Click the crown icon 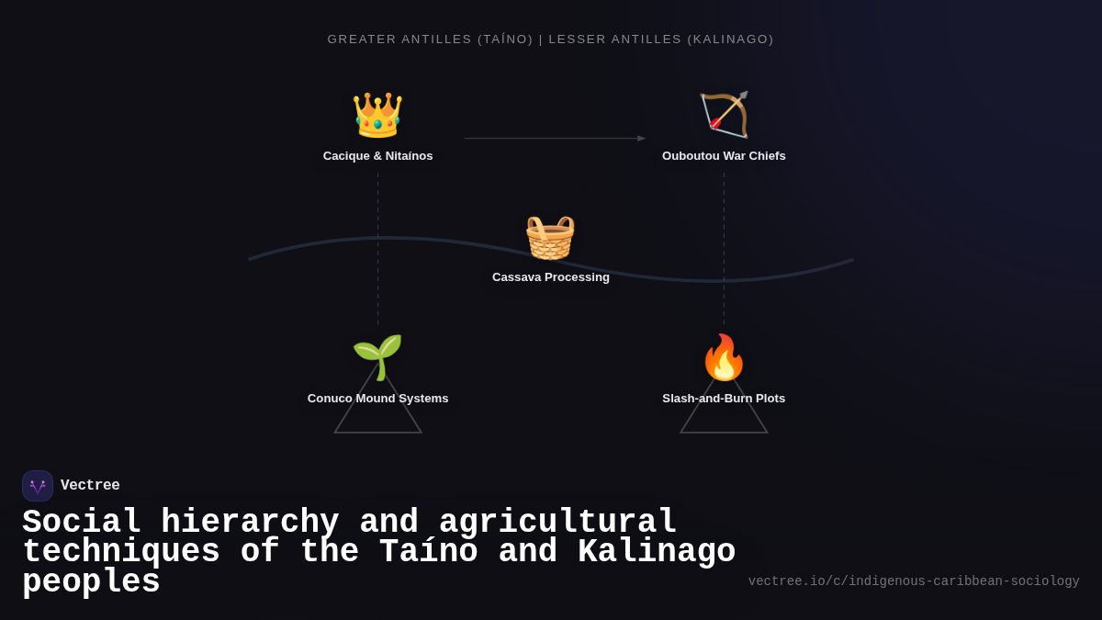coord(377,116)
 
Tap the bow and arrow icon coord(724,115)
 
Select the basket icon coord(550,237)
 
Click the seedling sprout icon coord(377,356)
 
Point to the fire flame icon coord(724,357)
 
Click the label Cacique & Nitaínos coord(377,156)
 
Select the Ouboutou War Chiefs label coord(724,156)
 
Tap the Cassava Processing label coord(550,277)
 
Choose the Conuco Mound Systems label coord(377,399)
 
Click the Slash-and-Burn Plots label coord(724,399)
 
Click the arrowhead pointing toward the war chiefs coord(641,139)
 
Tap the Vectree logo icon coord(38,486)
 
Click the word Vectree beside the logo coord(90,486)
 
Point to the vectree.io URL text coord(913,581)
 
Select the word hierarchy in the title coord(250,523)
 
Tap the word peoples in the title coord(91,582)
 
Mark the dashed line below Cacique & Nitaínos coord(377,248)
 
